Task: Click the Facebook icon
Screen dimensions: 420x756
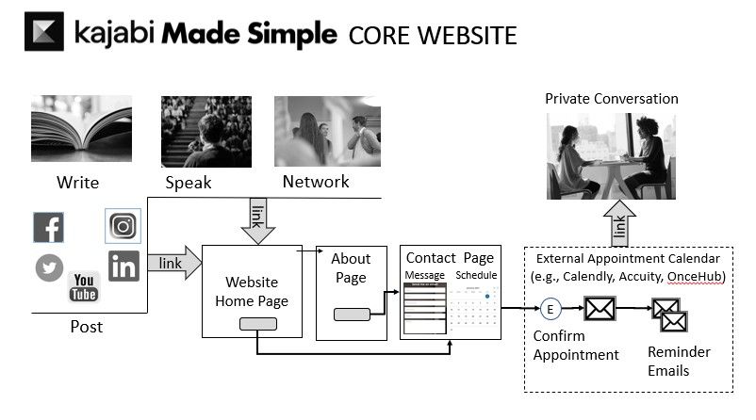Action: (48, 227)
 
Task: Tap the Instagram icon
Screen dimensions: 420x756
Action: (123, 226)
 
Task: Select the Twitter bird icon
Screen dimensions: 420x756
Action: (49, 268)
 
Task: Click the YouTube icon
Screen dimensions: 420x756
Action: (84, 285)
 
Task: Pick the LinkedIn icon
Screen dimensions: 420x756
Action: (123, 266)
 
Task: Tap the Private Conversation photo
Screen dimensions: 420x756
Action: (612, 155)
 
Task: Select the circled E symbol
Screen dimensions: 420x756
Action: (551, 308)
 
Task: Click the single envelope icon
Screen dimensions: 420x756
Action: (599, 308)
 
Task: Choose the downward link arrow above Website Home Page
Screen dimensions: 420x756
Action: (256, 220)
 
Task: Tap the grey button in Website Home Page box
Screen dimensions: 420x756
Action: (257, 323)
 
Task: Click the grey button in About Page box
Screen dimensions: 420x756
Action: (352, 315)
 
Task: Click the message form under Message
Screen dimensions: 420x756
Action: (424, 308)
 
